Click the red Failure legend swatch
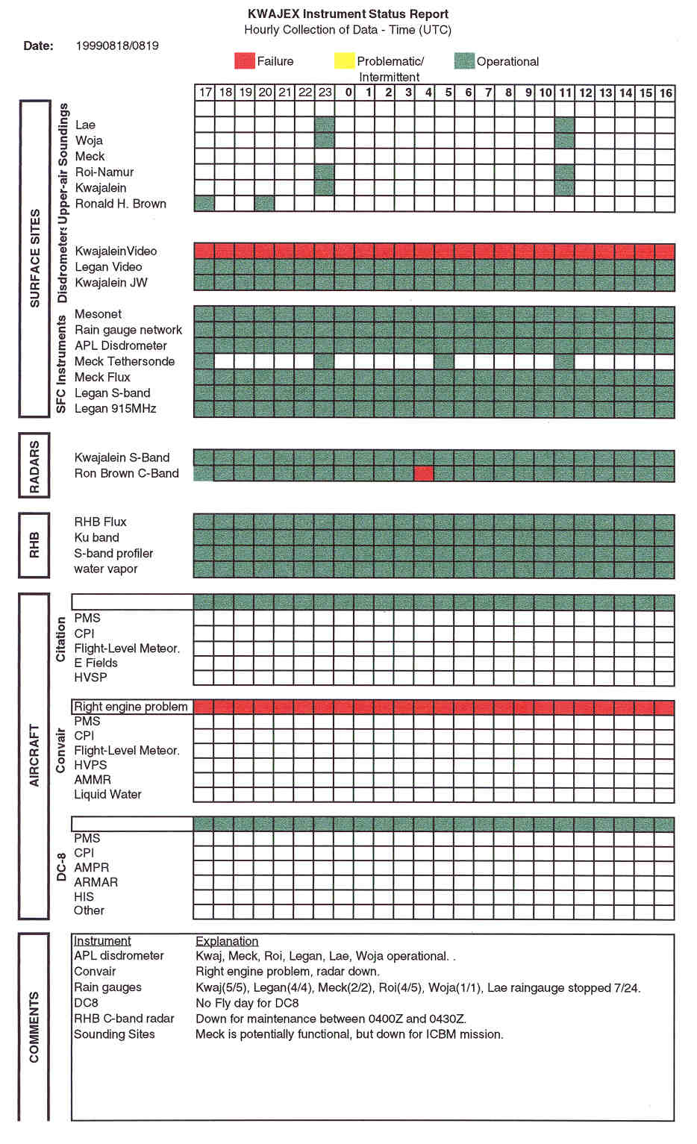(244, 61)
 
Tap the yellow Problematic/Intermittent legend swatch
(345, 61)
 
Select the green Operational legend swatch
(464, 61)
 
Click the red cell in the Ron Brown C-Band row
(423, 473)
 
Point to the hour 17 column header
(205, 93)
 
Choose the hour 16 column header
(665, 93)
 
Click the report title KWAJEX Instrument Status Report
(348, 14)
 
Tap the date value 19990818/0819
(117, 46)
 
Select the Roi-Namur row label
(104, 172)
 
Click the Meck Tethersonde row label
(125, 361)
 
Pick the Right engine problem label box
(131, 707)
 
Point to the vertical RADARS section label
(34, 466)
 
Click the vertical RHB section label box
(34, 546)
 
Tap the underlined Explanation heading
(227, 941)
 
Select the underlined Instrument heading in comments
(102, 941)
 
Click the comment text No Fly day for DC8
(247, 1003)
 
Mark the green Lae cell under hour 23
(325, 125)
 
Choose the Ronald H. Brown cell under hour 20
(265, 203)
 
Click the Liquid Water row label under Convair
(107, 794)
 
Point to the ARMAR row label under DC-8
(96, 882)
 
